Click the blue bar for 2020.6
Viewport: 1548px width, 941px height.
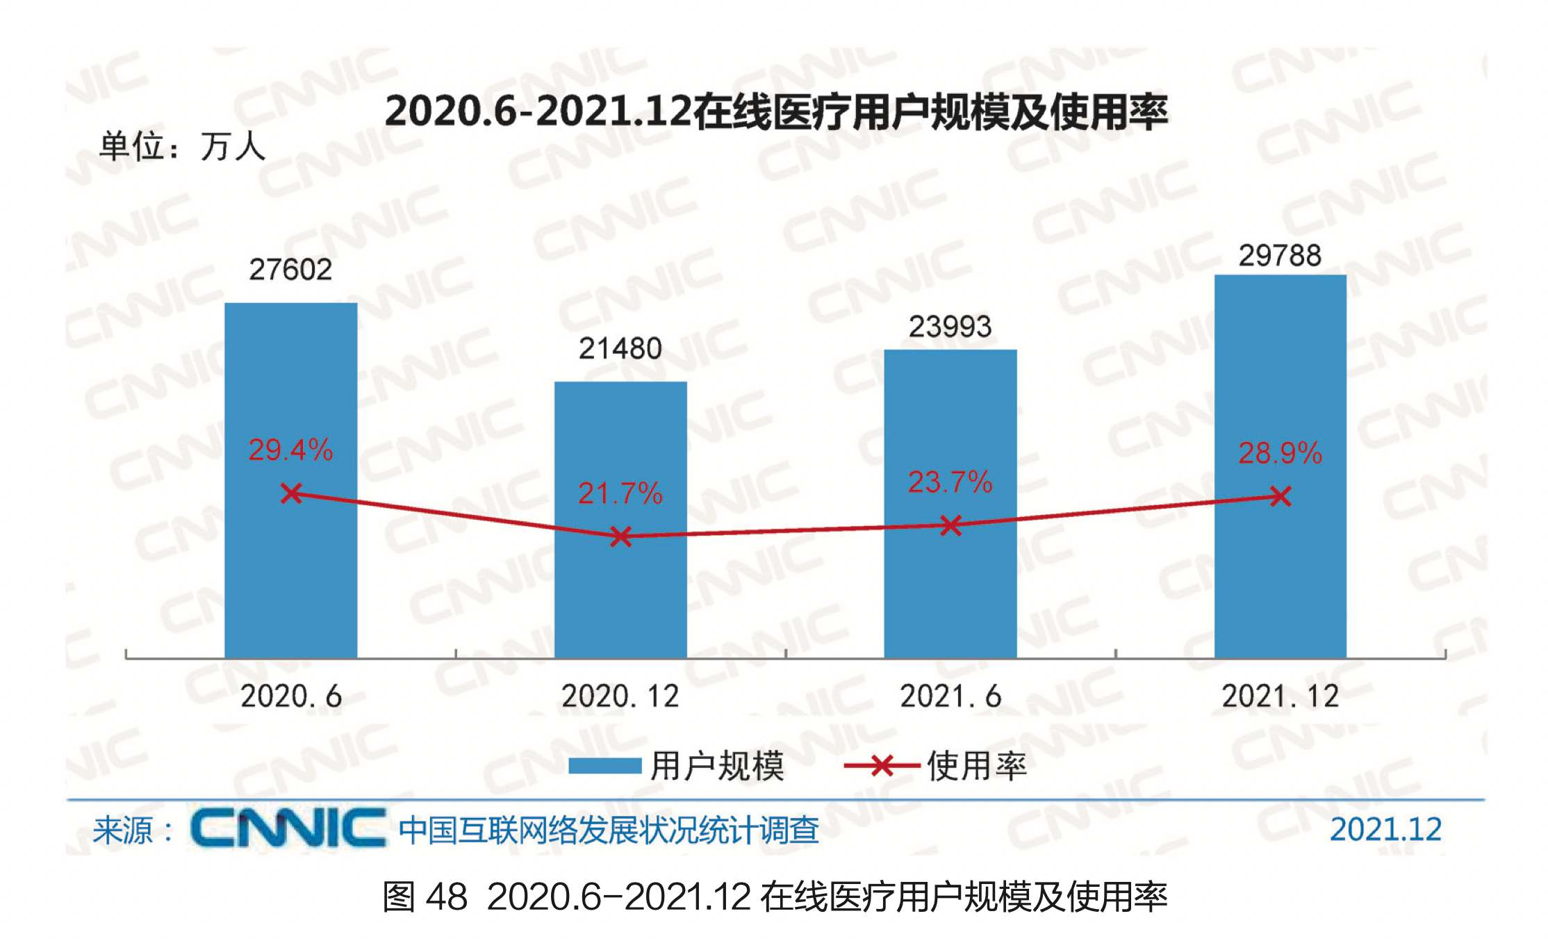(290, 570)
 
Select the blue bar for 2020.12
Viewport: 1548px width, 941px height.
(620, 598)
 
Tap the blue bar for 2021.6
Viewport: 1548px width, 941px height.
(950, 591)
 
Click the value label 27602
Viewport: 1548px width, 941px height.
(290, 270)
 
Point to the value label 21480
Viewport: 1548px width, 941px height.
(620, 348)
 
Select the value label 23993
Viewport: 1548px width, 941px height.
(950, 327)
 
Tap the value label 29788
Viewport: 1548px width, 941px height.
(1280, 256)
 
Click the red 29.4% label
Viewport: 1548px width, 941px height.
(290, 450)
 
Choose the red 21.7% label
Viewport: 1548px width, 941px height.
(620, 493)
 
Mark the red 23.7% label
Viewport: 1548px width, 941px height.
(950, 482)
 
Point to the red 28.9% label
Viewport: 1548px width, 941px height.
(1280, 453)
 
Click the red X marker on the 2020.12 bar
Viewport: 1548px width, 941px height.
(620, 536)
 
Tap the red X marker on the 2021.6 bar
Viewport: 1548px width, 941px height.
(950, 525)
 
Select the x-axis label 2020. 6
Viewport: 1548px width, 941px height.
(291, 696)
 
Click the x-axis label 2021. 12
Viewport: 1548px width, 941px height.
(1280, 696)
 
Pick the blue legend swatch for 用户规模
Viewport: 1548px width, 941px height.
(604, 766)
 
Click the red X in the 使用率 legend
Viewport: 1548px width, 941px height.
(882, 766)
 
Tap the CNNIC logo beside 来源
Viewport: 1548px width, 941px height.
(288, 828)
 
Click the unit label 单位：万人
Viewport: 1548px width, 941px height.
(182, 147)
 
